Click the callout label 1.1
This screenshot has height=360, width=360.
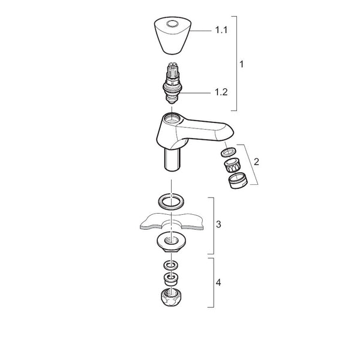[x=221, y=30]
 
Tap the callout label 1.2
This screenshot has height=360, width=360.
[x=221, y=92]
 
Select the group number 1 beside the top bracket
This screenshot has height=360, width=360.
[x=241, y=64]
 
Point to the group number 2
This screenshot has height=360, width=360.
[x=256, y=162]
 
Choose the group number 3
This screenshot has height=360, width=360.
[x=218, y=224]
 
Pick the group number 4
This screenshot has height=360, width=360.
[x=218, y=282]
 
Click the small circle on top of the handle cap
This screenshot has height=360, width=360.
[x=172, y=23]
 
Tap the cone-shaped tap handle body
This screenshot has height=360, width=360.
[x=172, y=35]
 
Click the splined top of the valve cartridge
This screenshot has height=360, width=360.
[x=172, y=70]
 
